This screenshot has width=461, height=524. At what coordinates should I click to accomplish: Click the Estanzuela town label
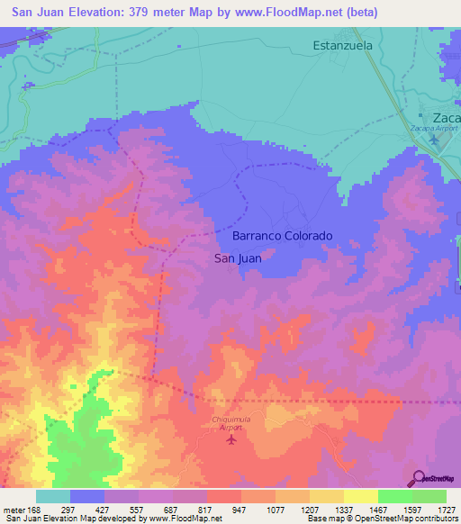(x=348, y=44)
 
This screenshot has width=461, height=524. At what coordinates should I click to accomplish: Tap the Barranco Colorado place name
(x=283, y=236)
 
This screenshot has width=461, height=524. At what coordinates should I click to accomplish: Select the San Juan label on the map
(x=239, y=259)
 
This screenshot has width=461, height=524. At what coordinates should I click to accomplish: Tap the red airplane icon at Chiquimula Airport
(x=231, y=439)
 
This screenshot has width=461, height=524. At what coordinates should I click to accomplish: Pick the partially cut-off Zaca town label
(x=445, y=118)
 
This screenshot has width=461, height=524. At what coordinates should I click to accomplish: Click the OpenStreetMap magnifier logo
(x=420, y=477)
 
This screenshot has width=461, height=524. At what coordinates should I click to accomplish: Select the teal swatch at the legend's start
(x=52, y=496)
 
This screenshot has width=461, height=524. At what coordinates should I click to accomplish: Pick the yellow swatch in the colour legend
(x=360, y=496)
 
